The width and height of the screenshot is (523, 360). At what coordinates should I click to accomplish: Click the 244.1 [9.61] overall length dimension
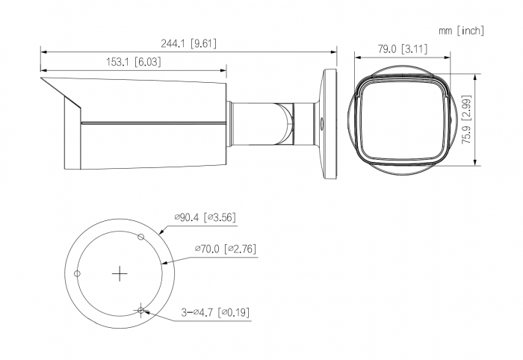188,43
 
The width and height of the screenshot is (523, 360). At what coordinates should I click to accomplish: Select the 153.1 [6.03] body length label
134,62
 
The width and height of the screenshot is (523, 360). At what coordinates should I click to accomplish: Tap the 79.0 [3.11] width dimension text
402,49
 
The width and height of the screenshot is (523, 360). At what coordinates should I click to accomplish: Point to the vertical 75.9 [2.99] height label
467,120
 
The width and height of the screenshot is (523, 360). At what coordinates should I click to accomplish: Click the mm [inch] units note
461,31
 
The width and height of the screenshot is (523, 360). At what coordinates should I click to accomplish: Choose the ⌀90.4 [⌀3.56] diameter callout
205,217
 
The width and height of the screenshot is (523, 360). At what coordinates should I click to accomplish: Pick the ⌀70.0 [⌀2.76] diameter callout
226,249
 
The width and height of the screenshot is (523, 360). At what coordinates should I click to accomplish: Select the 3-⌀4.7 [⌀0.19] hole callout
215,313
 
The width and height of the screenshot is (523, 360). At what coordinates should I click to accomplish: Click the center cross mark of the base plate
120,274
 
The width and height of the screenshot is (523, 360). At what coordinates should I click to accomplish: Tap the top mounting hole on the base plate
140,237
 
